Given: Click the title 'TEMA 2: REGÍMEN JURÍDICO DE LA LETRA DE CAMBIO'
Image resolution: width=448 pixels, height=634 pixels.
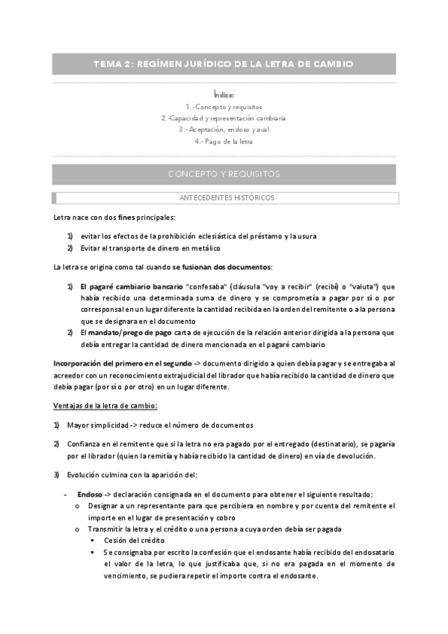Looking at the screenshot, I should pos(224,64).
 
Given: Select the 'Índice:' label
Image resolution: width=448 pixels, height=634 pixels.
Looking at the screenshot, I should pos(224,95).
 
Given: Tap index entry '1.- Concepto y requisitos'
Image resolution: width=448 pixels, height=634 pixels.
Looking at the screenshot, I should pos(224,107).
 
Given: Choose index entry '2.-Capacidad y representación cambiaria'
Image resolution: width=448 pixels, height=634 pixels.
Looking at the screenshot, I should pos(224,118).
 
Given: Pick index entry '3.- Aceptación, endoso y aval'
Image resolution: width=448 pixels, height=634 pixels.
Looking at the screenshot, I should pos(224,129).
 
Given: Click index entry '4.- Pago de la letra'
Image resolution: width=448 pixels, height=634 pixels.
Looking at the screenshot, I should pos(224,141).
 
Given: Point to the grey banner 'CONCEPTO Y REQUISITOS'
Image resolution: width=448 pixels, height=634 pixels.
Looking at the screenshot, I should pos(224,174).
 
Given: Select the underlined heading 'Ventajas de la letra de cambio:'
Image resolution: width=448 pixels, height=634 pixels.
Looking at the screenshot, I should pos(105,405).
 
